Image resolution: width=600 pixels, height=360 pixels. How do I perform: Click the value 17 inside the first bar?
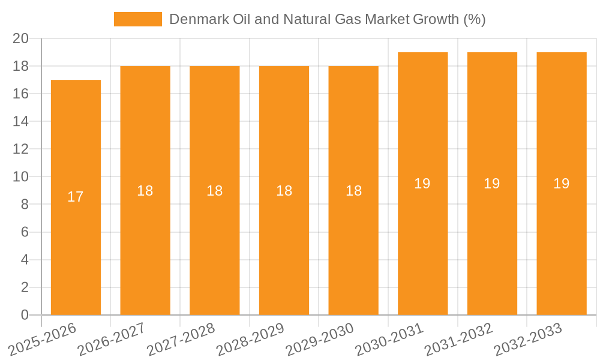[76, 197]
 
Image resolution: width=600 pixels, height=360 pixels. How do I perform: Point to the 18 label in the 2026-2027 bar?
[145, 191]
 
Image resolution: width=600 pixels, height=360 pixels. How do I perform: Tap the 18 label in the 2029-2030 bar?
[353, 191]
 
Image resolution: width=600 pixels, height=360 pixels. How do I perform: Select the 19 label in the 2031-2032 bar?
[492, 184]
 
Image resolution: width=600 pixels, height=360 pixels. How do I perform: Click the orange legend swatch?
[138, 19]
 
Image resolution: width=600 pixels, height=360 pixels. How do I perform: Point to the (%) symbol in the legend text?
[475, 19]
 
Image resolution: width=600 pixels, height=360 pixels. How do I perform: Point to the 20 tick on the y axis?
[20, 38]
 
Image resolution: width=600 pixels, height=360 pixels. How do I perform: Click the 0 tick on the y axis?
[25, 315]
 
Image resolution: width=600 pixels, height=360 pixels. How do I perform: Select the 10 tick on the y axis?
[20, 176]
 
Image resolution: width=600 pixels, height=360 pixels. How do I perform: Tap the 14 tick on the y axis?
[20, 121]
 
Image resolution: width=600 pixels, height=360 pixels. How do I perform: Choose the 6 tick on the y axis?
[25, 232]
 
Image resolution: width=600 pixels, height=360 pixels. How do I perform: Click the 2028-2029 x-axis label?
[250, 340]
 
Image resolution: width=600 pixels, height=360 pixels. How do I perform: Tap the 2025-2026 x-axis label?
[42, 340]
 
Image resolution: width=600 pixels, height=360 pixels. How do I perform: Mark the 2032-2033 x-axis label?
[527, 340]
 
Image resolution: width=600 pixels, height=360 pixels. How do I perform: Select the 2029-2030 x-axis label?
[319, 340]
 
